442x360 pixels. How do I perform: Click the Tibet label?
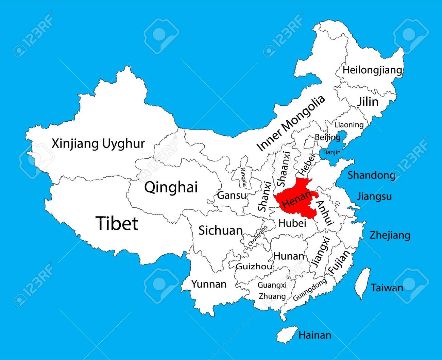coord(117,223)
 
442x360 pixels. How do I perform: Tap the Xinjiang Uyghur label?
coord(98,144)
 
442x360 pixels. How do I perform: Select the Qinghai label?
coord(171,187)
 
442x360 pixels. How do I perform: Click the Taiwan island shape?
coord(362,284)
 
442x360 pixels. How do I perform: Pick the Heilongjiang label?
coord(372,70)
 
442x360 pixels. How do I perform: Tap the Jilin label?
coord(367,102)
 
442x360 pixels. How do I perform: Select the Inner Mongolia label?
coord(291,123)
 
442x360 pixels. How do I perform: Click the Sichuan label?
coord(220,230)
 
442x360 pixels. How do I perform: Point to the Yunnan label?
coord(208,284)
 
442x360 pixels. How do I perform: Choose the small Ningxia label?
coord(243,177)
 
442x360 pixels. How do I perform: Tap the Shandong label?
coord(371,175)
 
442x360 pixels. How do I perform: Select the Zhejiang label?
coord(390,235)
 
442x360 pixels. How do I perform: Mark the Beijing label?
coord(327,137)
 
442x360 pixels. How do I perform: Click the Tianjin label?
coord(331,152)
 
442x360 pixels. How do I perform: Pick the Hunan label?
coord(289,256)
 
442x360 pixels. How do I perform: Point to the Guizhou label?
coord(254,266)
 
